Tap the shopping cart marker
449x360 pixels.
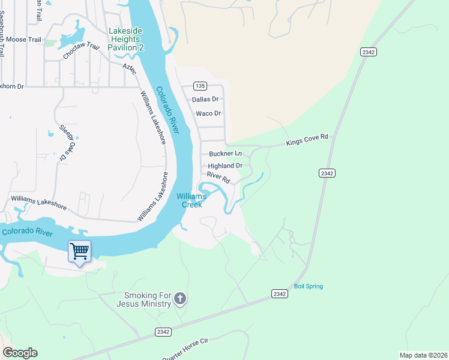[x=80, y=251]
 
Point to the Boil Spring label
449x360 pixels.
[x=308, y=286]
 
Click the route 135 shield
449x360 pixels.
[x=200, y=86]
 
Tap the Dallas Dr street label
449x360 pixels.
[x=205, y=100]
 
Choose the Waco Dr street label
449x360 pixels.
[x=208, y=113]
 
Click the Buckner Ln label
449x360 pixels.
[x=224, y=154]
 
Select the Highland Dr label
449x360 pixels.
[x=224, y=166]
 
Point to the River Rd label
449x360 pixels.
[x=218, y=178]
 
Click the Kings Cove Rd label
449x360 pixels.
[x=307, y=140]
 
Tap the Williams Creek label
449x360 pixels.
[x=191, y=200]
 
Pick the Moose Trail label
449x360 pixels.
[x=25, y=40]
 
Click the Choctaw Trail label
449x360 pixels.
[x=80, y=50]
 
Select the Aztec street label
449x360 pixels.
[x=129, y=68]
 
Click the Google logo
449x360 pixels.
[x=20, y=353]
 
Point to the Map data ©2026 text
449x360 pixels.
[x=423, y=355]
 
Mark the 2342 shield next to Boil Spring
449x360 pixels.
[x=279, y=293]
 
